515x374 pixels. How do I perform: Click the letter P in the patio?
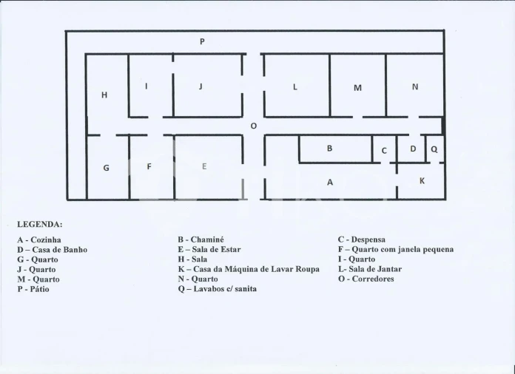click(202, 41)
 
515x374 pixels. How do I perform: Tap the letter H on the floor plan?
click(104, 95)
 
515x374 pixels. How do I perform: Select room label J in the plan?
click(201, 86)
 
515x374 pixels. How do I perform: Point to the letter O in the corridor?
click(253, 126)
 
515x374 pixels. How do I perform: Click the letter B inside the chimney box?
click(330, 149)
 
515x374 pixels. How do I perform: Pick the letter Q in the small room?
click(434, 149)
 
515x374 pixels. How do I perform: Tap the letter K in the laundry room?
click(422, 181)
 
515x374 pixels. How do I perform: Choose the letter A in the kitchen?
click(330, 183)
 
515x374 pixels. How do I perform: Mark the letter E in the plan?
click(204, 166)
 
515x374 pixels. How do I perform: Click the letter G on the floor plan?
click(106, 168)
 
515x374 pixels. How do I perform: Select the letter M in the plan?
click(357, 88)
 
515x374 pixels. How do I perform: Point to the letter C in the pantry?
click(384, 151)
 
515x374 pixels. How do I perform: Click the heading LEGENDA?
click(40, 225)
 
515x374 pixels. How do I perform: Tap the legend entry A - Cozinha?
click(39, 239)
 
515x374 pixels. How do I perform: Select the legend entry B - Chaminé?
click(201, 239)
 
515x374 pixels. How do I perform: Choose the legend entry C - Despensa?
click(362, 239)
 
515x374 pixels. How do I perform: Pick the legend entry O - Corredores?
click(366, 279)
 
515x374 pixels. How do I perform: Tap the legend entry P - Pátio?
click(33, 289)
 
